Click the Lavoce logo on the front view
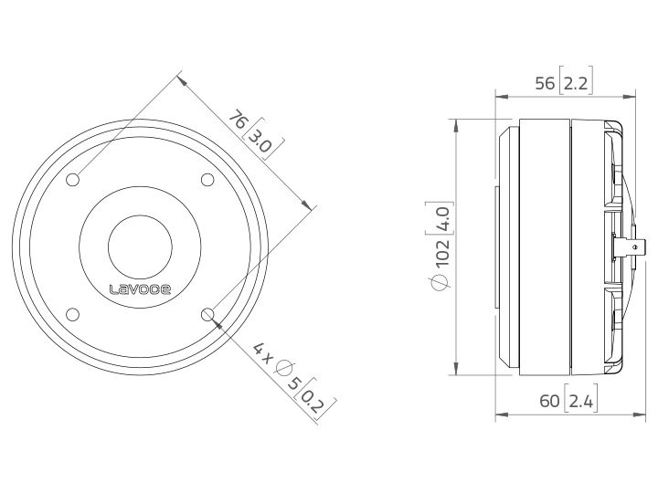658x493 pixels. coord(140,289)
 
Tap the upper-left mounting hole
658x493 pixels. coord(72,180)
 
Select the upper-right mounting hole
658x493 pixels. coord(207,180)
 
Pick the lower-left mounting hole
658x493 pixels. coord(72,315)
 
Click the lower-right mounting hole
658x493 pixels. coord(207,315)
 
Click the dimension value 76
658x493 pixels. coord(238,120)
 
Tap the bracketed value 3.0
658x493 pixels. coord(260,141)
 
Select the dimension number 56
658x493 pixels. coord(545,83)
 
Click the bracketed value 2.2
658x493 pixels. coord(576,84)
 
